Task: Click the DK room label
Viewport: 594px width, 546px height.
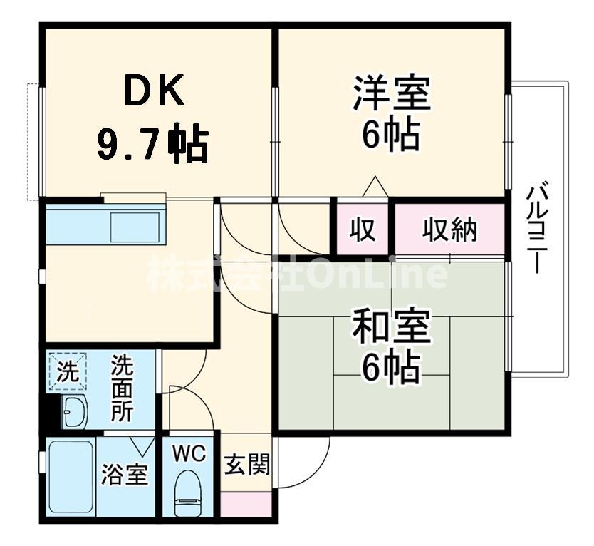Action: click(155, 91)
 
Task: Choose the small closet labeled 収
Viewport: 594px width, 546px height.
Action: click(363, 230)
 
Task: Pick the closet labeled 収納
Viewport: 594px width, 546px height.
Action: click(450, 230)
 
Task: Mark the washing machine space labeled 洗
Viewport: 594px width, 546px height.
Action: click(67, 372)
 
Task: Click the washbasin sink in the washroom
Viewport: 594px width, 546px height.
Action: click(74, 412)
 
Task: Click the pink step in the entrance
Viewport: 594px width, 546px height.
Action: click(246, 503)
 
